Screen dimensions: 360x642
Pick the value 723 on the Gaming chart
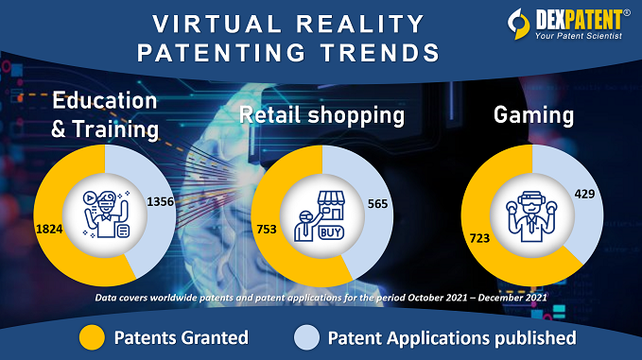tap(478, 238)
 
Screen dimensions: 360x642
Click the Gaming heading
tap(533, 116)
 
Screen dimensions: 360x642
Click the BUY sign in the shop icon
tap(331, 231)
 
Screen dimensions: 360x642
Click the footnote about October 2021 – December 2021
tap(321, 299)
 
